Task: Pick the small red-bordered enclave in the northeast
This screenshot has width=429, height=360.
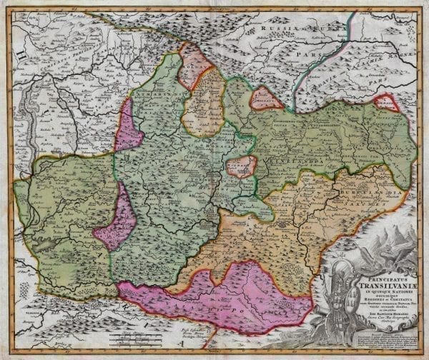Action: (x=387, y=103)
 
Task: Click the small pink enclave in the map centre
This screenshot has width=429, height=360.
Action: (x=241, y=166)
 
